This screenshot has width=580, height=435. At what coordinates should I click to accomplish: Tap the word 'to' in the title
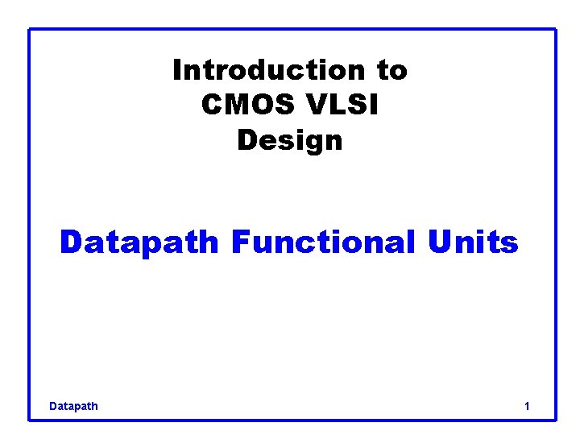(x=392, y=71)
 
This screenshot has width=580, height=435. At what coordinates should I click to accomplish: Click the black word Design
(x=290, y=141)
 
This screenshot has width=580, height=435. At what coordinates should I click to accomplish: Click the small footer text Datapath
(x=73, y=406)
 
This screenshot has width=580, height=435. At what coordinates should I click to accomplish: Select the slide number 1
(x=527, y=406)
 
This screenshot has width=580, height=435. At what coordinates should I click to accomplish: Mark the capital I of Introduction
(x=177, y=71)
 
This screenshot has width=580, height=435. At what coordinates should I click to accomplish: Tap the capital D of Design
(x=246, y=141)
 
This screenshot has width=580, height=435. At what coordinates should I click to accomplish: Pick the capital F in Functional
(x=239, y=242)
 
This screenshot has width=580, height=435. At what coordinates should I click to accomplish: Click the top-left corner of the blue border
(x=30, y=30)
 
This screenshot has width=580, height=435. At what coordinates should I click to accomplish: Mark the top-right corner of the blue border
(x=556, y=30)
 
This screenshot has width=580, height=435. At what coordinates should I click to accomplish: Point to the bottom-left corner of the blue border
(x=30, y=419)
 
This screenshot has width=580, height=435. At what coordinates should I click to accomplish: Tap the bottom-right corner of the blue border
(x=556, y=419)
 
